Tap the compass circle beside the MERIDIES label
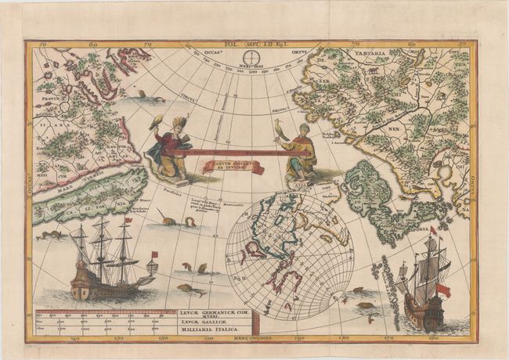pos(249,58)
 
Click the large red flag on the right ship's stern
pos(442,290)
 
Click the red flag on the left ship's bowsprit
pos(154,254)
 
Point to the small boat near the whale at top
pos(141,92)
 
